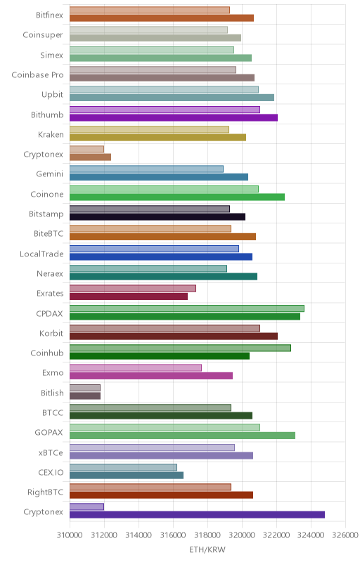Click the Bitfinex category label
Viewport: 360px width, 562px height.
(x=49, y=15)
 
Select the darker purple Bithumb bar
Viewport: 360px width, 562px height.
(x=174, y=117)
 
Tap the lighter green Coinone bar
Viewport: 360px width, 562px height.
(x=164, y=189)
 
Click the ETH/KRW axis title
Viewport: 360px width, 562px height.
(x=207, y=549)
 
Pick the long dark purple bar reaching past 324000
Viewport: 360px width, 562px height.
(x=197, y=515)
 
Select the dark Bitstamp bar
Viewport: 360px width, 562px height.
(x=157, y=216)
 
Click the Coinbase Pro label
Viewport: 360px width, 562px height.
(x=38, y=75)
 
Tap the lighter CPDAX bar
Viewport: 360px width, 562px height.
(x=187, y=308)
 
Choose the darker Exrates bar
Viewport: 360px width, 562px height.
(x=129, y=296)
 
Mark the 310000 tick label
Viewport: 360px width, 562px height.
(x=70, y=535)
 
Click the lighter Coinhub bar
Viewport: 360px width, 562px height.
(x=180, y=348)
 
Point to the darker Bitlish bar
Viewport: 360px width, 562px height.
(x=85, y=396)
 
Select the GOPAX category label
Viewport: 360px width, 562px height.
(x=49, y=433)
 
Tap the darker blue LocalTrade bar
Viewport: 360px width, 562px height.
(x=161, y=256)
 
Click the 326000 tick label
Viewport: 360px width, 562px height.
(x=345, y=535)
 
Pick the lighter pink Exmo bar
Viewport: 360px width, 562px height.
(x=136, y=367)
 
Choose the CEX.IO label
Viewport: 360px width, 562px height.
(x=51, y=472)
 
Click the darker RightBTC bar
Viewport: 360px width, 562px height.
(x=161, y=495)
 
